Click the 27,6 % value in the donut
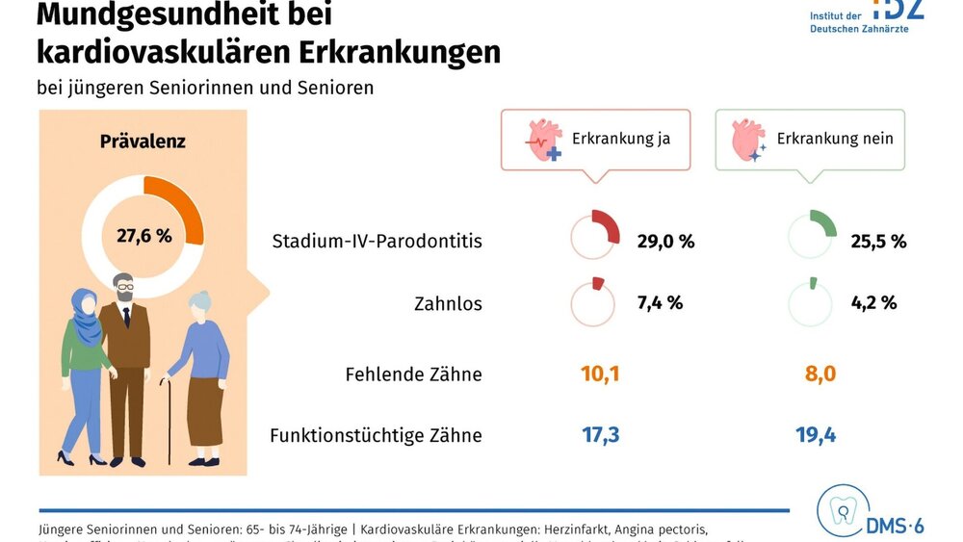click(143, 234)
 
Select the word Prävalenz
click(143, 142)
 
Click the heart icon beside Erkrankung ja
click(542, 140)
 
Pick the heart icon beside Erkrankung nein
click(748, 140)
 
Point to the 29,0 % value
click(665, 241)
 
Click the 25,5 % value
click(878, 241)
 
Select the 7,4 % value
click(660, 302)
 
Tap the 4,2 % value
click(874, 302)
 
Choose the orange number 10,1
click(600, 374)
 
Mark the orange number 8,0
click(816, 374)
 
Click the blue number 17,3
click(600, 434)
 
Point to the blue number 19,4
click(816, 434)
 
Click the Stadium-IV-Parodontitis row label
click(377, 241)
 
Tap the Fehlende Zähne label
click(413, 374)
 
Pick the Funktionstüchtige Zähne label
click(376, 435)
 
